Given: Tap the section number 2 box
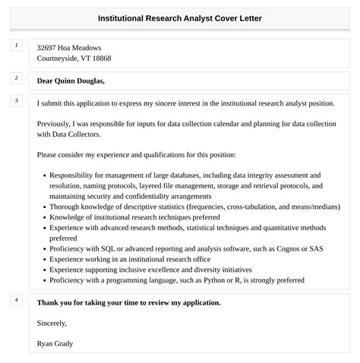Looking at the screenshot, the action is [x=16, y=78].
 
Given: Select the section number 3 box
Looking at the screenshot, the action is [x=16, y=101].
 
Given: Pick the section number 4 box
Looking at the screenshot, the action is [x=16, y=300].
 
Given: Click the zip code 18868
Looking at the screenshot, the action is [x=99, y=58].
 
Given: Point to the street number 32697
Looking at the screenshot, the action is [x=49, y=47].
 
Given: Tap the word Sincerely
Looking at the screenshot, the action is [x=53, y=323].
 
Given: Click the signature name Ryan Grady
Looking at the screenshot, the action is [x=55, y=343].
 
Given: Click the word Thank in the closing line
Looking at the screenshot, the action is [x=49, y=302].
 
